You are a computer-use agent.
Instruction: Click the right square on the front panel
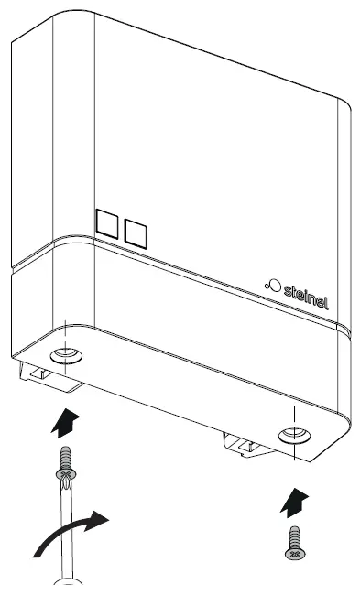click(x=136, y=233)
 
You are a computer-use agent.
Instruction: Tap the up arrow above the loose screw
click(x=291, y=499)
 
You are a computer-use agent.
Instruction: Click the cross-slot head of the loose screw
click(x=293, y=554)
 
